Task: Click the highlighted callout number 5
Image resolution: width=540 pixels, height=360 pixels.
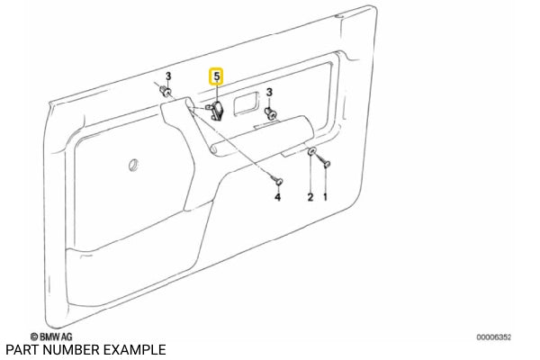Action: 217,78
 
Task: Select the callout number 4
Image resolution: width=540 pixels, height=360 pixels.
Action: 277,196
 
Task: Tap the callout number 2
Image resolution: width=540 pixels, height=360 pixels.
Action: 310,196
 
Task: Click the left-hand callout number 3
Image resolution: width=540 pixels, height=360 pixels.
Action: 166,76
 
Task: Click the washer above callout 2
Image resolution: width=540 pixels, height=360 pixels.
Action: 310,153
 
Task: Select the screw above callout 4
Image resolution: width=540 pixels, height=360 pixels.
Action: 277,179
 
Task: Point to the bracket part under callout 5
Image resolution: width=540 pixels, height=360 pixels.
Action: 216,110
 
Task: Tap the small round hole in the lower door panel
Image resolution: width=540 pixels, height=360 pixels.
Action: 133,164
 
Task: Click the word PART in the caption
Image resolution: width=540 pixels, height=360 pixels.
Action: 20,349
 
